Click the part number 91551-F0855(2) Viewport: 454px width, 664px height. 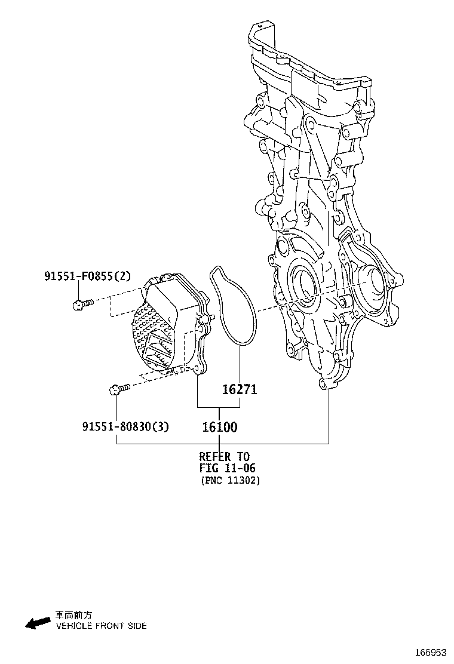coord(86,276)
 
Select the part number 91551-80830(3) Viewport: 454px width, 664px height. coord(125,426)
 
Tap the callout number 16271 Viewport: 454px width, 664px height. coord(240,389)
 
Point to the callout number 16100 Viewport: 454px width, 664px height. coord(219,427)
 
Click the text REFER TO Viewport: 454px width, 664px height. coord(224,457)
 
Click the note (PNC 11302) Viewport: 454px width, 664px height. coord(230,480)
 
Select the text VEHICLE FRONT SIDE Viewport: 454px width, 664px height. coord(101,626)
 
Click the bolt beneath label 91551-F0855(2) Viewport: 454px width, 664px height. coord(81,305)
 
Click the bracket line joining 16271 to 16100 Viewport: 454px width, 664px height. coord(219,407)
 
